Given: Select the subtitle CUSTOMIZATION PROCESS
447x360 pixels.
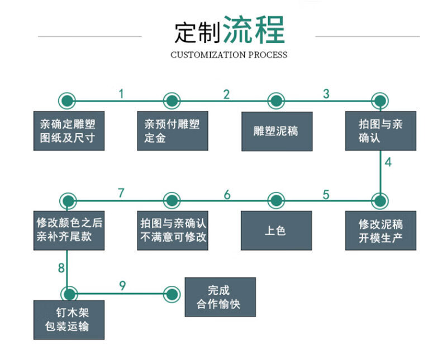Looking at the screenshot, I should pos(229,55).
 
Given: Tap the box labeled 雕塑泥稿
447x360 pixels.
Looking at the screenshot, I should pos(276,131).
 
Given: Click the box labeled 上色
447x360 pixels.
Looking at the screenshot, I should pos(276,231).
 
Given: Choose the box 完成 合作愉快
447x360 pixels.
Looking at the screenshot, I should pos(220,297).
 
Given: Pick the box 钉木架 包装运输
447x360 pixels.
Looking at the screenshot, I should pos(68,320).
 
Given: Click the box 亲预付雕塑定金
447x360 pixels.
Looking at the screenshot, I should pos(172,131).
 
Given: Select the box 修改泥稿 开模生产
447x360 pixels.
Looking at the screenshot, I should pos(381,231).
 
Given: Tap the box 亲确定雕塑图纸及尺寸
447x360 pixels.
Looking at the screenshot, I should pos(68,131).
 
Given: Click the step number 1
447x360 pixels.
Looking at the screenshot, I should pos(121,94).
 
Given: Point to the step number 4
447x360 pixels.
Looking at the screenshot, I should pos(388,164).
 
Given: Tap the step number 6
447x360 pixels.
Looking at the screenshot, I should pos(227,195).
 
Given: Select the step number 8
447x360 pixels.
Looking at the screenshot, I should pos(61,268).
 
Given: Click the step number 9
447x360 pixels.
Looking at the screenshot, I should pos(122,286).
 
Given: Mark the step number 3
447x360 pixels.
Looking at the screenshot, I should pos(326,94).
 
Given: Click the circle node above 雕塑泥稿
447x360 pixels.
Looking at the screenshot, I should pos(276,101).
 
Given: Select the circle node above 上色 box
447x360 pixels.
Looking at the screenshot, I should pos(276,200).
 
